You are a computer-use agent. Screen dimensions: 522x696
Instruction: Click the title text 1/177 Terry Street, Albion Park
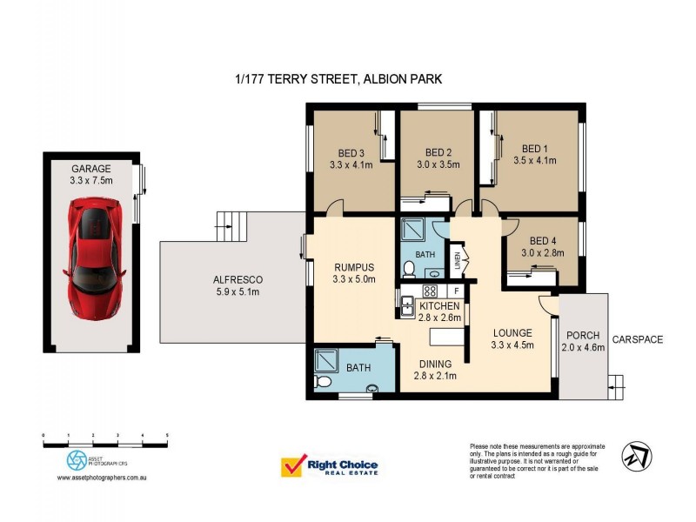coord(338,79)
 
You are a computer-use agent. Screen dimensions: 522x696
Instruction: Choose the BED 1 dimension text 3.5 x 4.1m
coord(535,161)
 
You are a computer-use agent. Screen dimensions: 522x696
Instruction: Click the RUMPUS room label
coord(354,267)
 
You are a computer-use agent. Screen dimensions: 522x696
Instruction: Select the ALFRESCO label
coord(238,279)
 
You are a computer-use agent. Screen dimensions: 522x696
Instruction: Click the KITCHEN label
coord(439,305)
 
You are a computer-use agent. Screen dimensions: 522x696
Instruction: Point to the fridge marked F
coord(455,290)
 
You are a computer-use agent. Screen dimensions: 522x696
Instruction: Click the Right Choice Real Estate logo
coord(329,467)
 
